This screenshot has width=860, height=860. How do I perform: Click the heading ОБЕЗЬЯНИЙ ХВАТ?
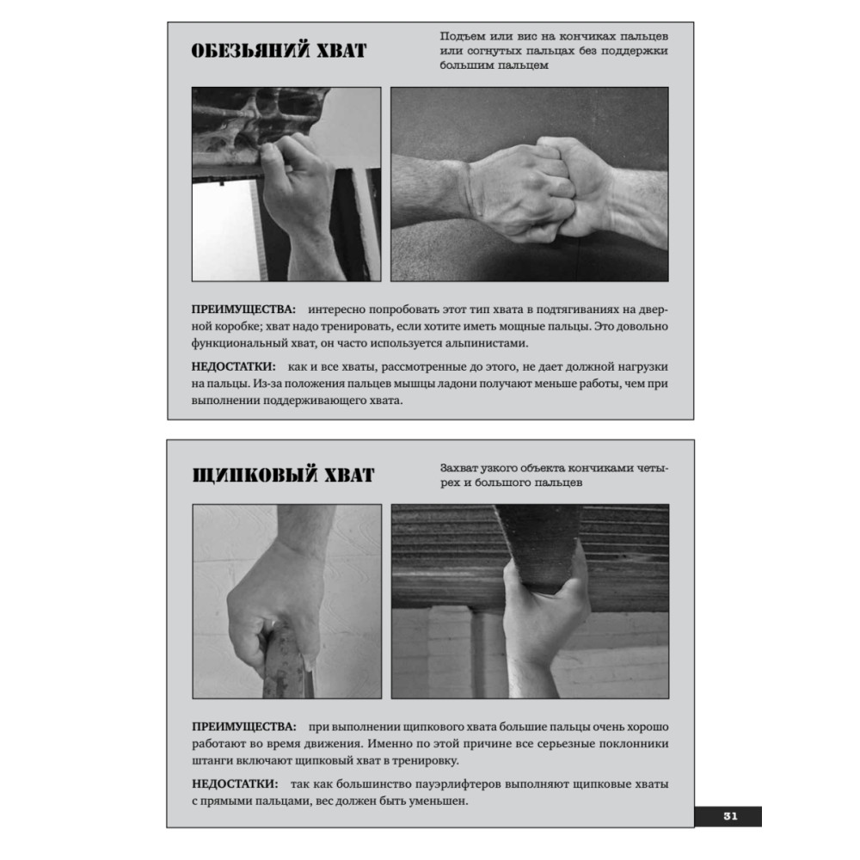[279, 51]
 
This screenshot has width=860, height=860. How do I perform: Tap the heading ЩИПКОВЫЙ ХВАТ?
[283, 475]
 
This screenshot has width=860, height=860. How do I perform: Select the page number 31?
[730, 816]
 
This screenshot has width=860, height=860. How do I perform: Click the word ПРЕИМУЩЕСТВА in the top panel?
[243, 310]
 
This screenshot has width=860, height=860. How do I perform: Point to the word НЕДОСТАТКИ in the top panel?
[234, 366]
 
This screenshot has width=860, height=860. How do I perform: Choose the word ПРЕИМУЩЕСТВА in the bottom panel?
[244, 727]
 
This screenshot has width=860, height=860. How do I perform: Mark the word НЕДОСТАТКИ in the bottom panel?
[235, 783]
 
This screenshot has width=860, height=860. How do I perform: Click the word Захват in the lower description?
[458, 469]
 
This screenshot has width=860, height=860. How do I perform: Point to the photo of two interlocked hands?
[529, 184]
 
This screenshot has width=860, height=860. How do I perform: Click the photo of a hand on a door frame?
[286, 184]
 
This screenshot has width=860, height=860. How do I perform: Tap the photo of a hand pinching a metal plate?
[287, 602]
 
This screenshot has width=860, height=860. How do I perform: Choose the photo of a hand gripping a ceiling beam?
[530, 602]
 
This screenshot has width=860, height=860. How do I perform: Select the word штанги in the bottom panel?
[212, 761]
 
